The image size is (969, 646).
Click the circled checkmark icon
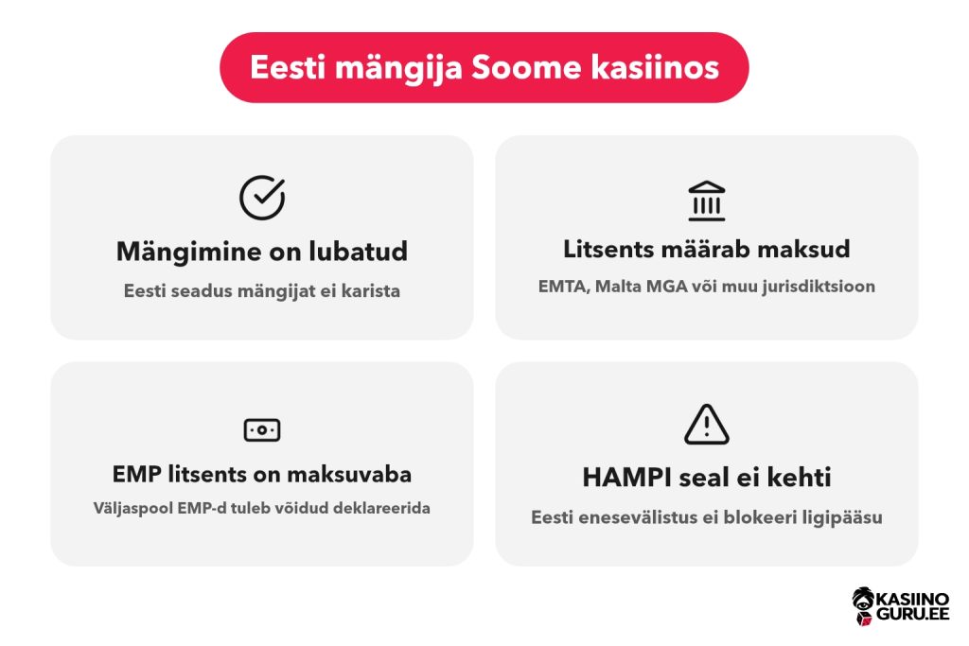[x=262, y=198]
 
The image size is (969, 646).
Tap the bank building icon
[x=706, y=201]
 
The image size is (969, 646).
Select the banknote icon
[x=262, y=429]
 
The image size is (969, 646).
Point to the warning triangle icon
[x=706, y=425]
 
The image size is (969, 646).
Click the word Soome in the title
[x=526, y=67]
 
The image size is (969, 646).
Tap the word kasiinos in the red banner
[x=655, y=67]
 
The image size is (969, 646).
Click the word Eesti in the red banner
[x=288, y=67]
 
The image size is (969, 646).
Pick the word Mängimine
[x=188, y=253]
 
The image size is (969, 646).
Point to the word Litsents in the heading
[x=608, y=249]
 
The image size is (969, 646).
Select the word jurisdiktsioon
[x=819, y=288]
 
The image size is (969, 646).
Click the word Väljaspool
[x=132, y=508]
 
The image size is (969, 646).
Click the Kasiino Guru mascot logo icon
[x=863, y=606]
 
